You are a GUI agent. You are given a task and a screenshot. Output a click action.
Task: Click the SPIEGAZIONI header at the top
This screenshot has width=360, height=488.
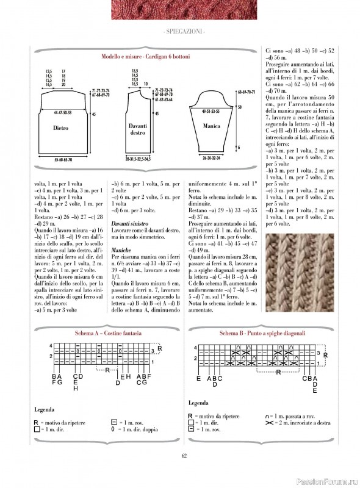180,31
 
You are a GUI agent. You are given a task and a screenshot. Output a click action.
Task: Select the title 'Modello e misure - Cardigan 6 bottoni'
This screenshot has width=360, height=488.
145,56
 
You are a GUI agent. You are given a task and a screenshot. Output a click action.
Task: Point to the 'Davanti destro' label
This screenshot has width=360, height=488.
138,129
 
